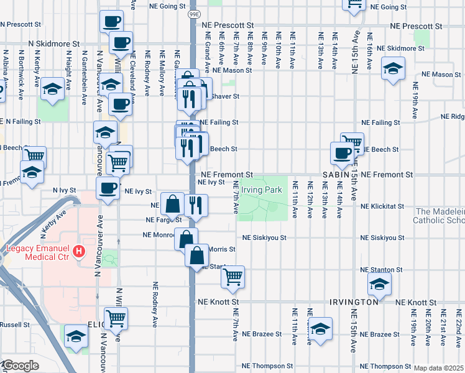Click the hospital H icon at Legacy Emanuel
(x=79, y=252)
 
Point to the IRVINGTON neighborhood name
(x=354, y=302)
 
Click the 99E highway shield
(x=194, y=12)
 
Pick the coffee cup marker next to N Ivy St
(x=108, y=188)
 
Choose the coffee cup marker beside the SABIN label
(x=341, y=153)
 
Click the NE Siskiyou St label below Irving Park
(x=264, y=237)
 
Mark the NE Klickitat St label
(x=383, y=206)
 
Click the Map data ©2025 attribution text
(x=438, y=368)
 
